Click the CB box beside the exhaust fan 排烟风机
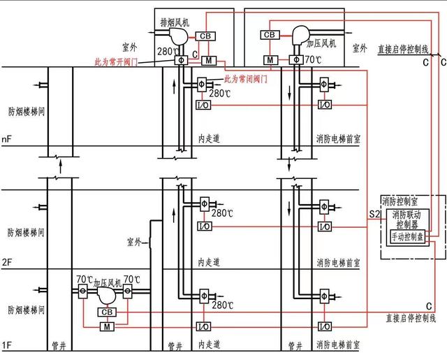click(x=205, y=36)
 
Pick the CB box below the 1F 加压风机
click(x=107, y=312)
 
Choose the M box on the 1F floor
click(x=107, y=326)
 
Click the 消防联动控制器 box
click(x=408, y=220)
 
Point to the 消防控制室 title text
click(x=399, y=203)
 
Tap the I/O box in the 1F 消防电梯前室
click(x=324, y=326)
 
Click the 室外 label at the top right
click(x=360, y=48)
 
